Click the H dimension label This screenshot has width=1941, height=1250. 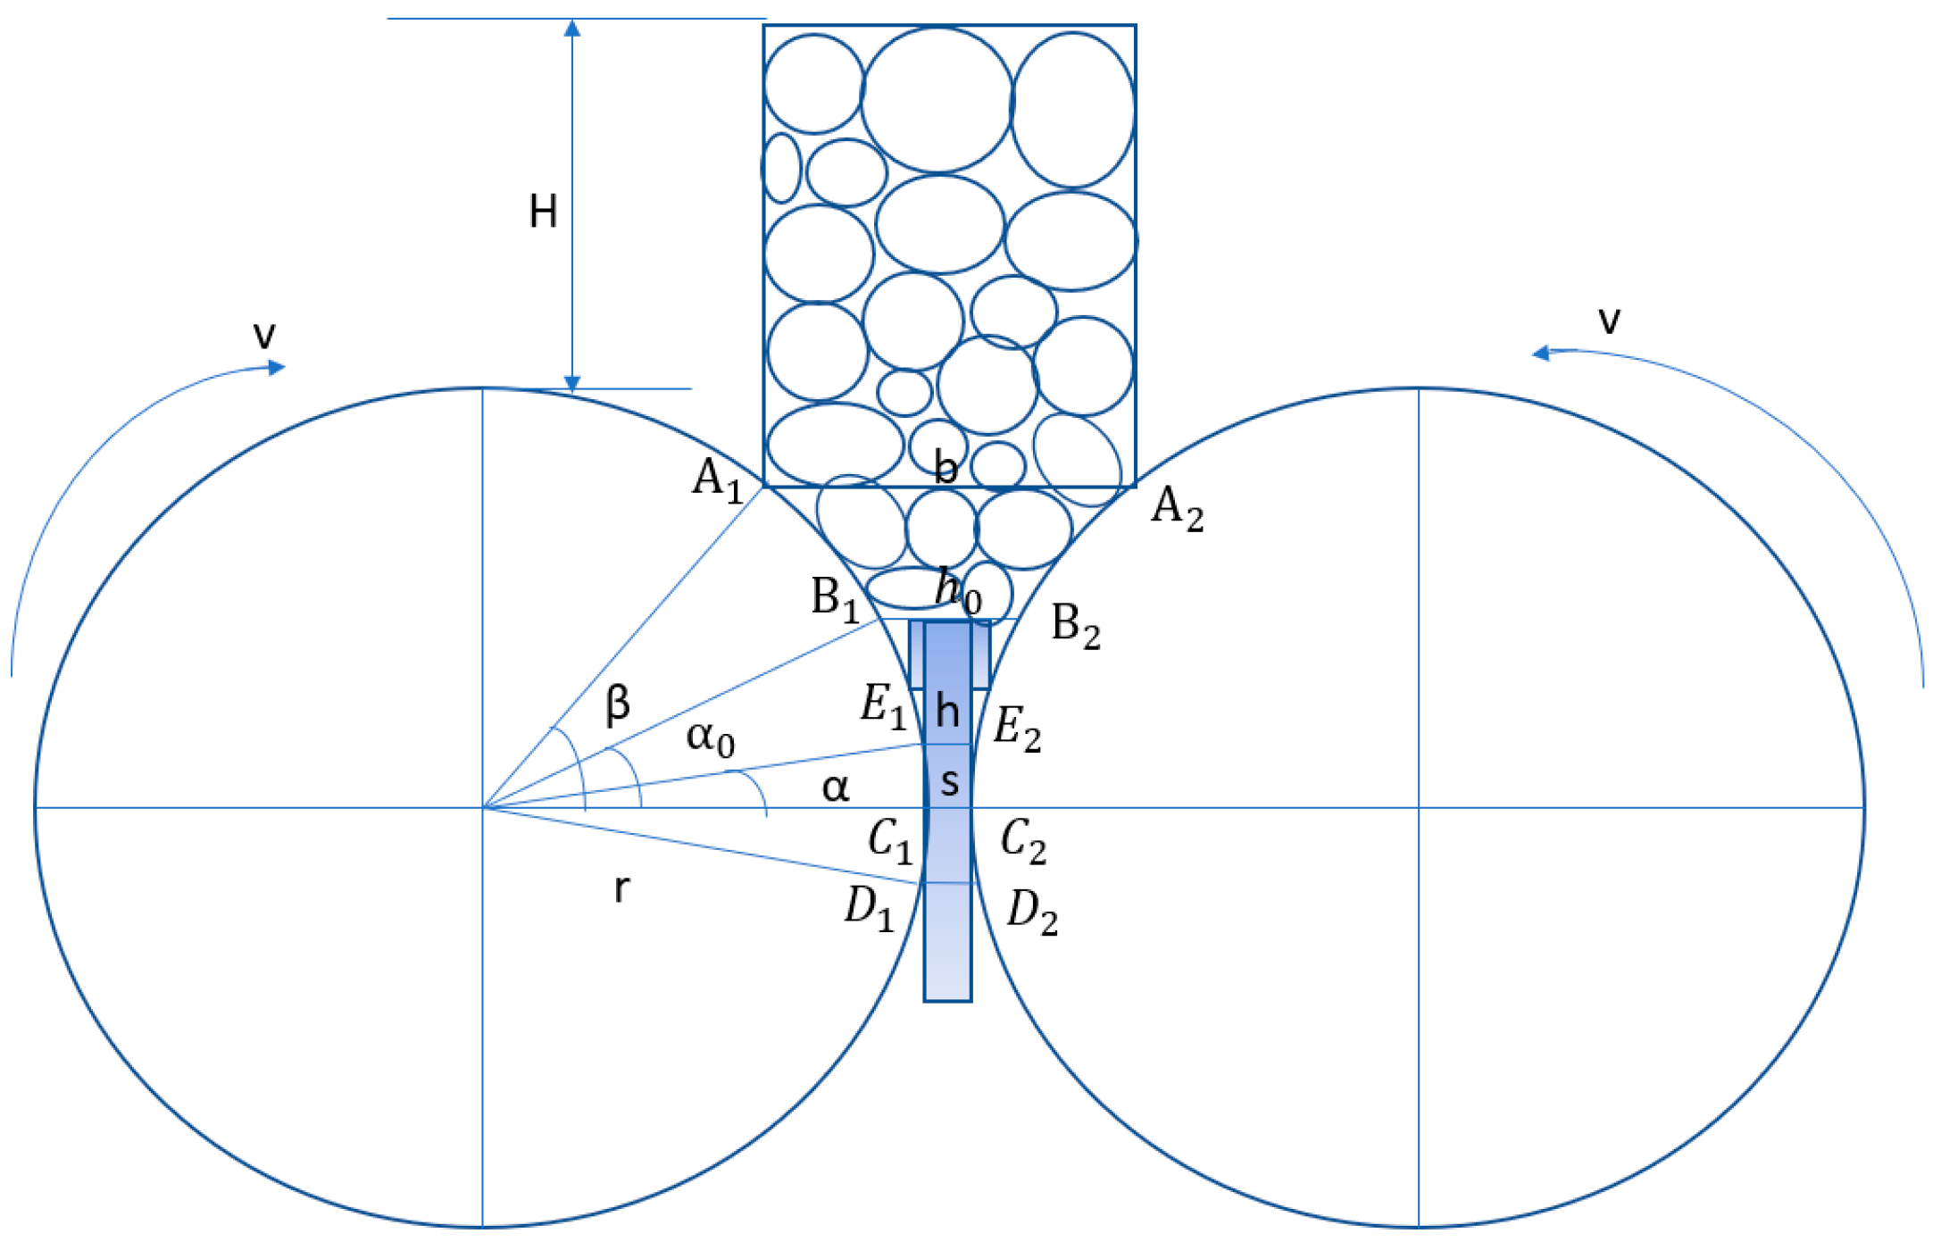[x=543, y=212]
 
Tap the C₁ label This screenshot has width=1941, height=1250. [x=890, y=841]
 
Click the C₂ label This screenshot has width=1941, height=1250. [x=1023, y=841]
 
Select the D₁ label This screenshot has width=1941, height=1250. [x=869, y=910]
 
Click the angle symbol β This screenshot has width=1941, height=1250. [x=618, y=704]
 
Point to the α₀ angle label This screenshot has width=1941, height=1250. [x=711, y=739]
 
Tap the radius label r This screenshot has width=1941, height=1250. [x=621, y=889]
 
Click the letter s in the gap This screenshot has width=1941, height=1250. [x=950, y=782]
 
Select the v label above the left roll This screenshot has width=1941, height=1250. [x=264, y=336]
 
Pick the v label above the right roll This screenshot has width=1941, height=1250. [x=1609, y=320]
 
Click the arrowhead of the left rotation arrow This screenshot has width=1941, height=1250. [x=278, y=366]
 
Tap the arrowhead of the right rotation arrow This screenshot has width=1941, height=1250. [x=1540, y=354]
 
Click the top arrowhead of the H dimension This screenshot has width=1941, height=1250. [x=572, y=28]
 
